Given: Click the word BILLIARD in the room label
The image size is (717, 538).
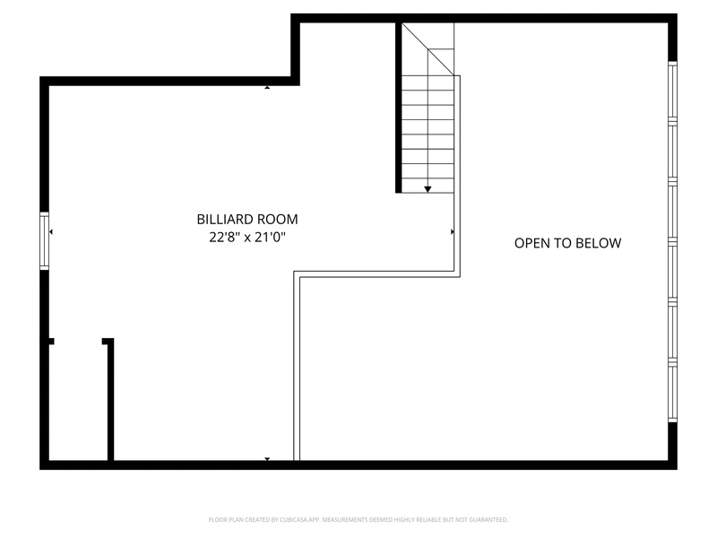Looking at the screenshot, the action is point(226,220).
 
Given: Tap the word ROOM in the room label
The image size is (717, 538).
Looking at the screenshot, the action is point(279,220).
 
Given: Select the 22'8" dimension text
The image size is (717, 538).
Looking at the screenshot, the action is point(224,237).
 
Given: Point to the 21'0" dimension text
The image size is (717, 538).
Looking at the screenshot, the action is point(271,237).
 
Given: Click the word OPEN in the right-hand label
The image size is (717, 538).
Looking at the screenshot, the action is point(531,243).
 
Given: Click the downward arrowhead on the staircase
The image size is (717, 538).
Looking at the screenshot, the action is point(428,189).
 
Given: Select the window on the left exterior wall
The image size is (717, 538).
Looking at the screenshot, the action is point(44,240).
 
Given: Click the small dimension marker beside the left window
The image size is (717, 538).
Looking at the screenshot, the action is point(51,232).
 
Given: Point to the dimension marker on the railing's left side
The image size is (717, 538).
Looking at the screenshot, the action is point(453,232).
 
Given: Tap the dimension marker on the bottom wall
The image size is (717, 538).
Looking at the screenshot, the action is point(267,459).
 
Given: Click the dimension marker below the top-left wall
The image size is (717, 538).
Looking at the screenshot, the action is point(267,87).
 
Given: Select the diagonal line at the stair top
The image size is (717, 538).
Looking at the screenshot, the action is point(428,49).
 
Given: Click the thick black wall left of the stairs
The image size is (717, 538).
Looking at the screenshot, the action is point(399,108).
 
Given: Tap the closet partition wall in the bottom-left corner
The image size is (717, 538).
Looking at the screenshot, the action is point(110,399).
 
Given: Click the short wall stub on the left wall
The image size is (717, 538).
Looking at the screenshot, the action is point(51,342).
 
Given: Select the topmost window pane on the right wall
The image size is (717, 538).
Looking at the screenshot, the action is point(673,91).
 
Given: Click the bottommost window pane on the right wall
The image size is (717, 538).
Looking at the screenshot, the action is point(673,392).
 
